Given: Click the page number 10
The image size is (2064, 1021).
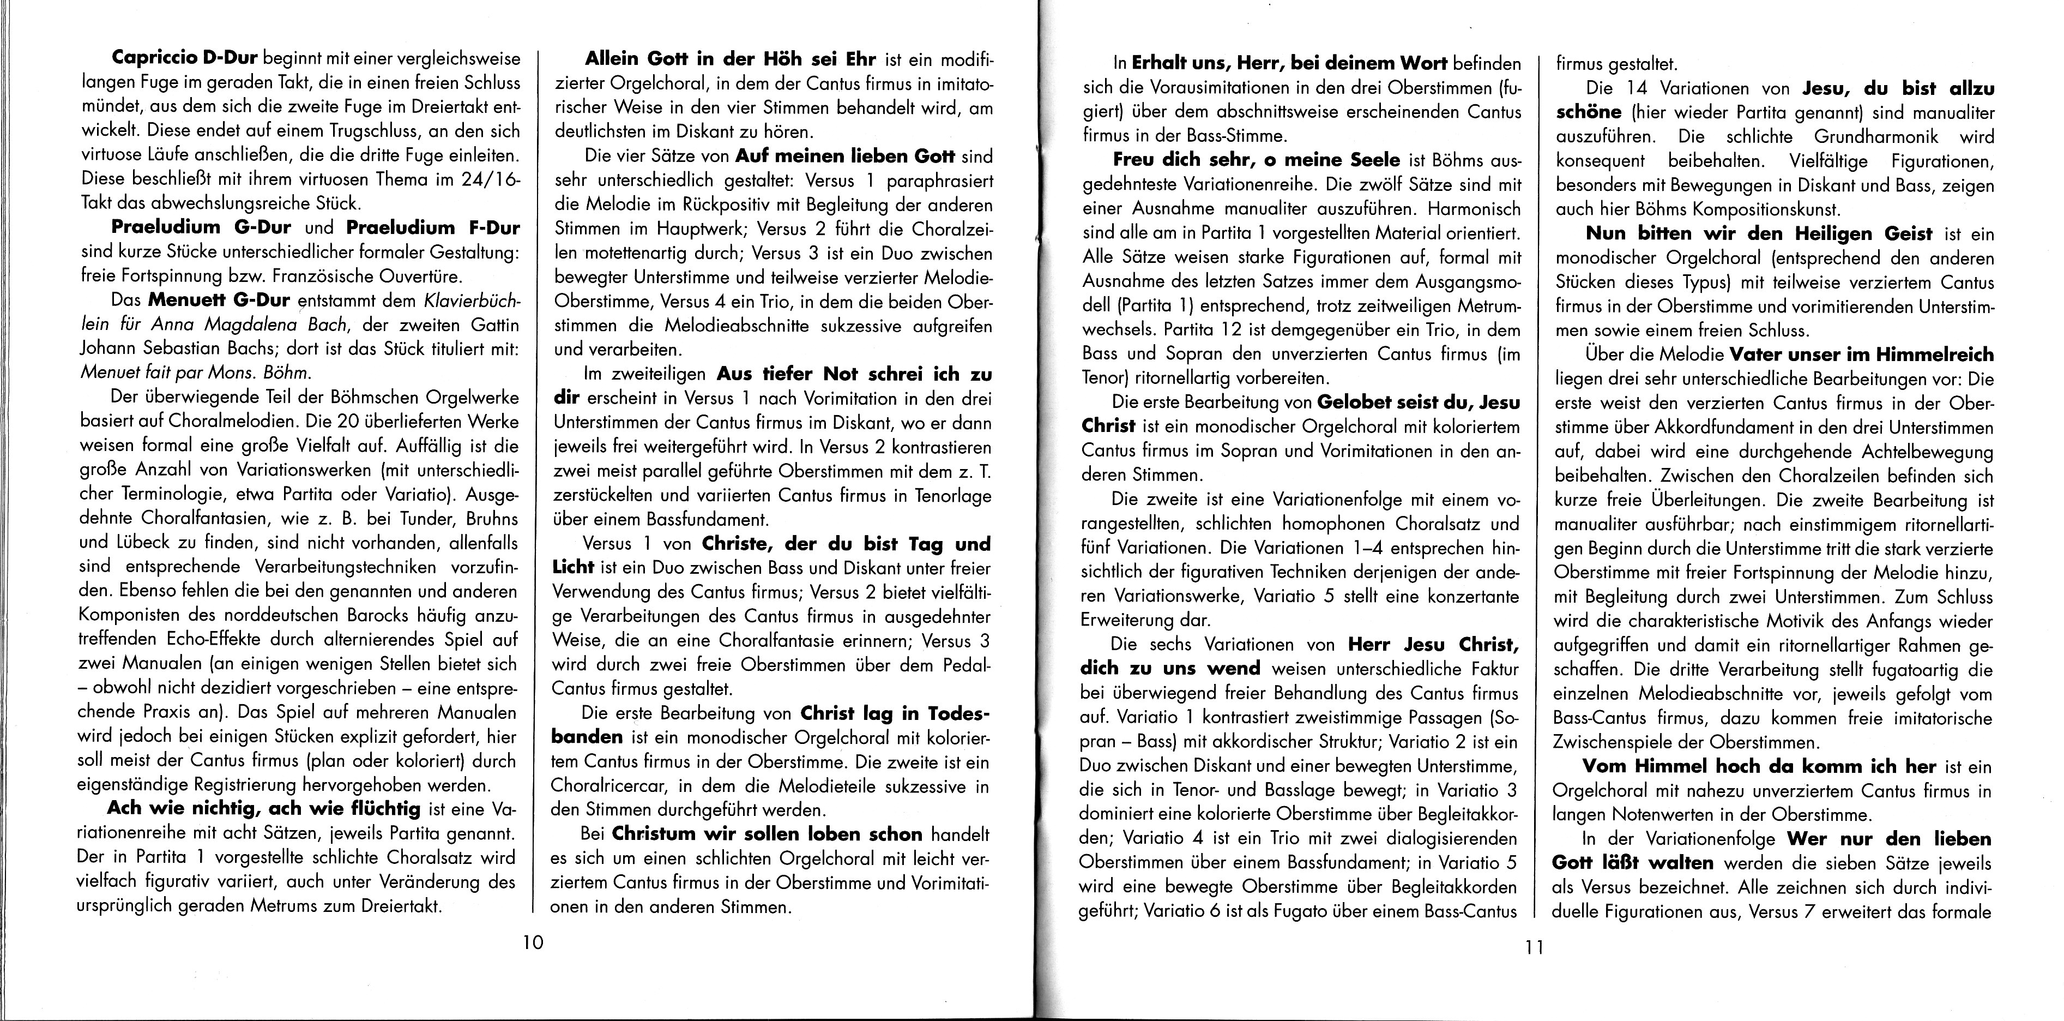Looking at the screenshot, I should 533,942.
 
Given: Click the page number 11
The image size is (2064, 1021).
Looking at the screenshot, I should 1534,948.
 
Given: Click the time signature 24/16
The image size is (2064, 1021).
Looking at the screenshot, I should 490,179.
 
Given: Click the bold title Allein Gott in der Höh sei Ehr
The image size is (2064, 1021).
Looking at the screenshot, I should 731,59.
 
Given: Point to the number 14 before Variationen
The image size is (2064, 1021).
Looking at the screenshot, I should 1634,88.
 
